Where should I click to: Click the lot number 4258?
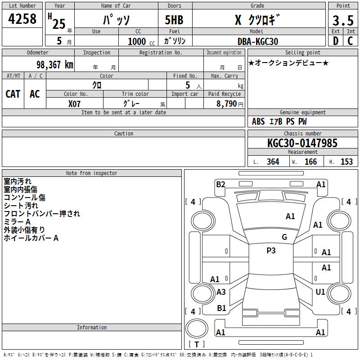22,18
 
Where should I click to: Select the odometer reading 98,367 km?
54,64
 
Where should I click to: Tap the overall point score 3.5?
343,20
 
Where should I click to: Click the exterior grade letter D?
336,41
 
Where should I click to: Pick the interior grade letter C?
350,41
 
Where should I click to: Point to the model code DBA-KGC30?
258,41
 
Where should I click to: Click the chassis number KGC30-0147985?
302,143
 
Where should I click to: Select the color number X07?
74,104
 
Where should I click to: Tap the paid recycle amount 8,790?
226,103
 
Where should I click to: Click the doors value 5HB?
174,20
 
